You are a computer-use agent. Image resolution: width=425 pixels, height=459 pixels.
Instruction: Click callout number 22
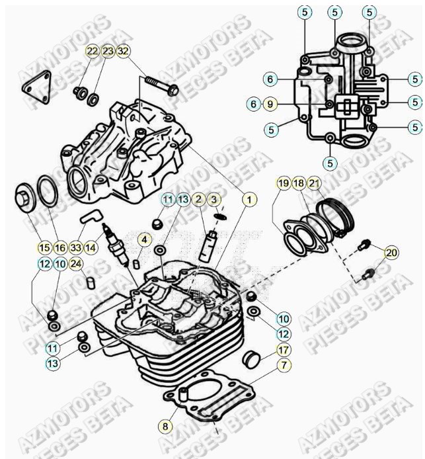click(x=92, y=52)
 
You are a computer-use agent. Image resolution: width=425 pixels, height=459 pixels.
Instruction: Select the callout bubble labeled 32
click(x=123, y=52)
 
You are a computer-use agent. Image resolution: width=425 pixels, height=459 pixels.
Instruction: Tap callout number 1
click(x=249, y=198)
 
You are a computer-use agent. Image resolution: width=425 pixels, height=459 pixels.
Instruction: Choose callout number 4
click(x=144, y=239)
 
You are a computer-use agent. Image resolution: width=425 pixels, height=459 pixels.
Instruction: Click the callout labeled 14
click(x=91, y=247)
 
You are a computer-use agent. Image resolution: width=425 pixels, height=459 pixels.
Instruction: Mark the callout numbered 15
click(x=44, y=247)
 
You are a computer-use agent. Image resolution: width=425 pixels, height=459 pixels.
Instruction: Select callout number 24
click(x=76, y=264)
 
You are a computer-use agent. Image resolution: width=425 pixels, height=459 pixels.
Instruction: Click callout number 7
click(x=283, y=365)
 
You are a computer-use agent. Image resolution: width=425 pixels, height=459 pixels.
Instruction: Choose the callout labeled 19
click(x=283, y=183)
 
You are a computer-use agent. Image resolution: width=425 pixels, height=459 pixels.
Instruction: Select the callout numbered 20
click(x=391, y=252)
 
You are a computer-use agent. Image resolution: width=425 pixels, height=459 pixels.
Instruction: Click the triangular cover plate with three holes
click(x=37, y=85)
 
